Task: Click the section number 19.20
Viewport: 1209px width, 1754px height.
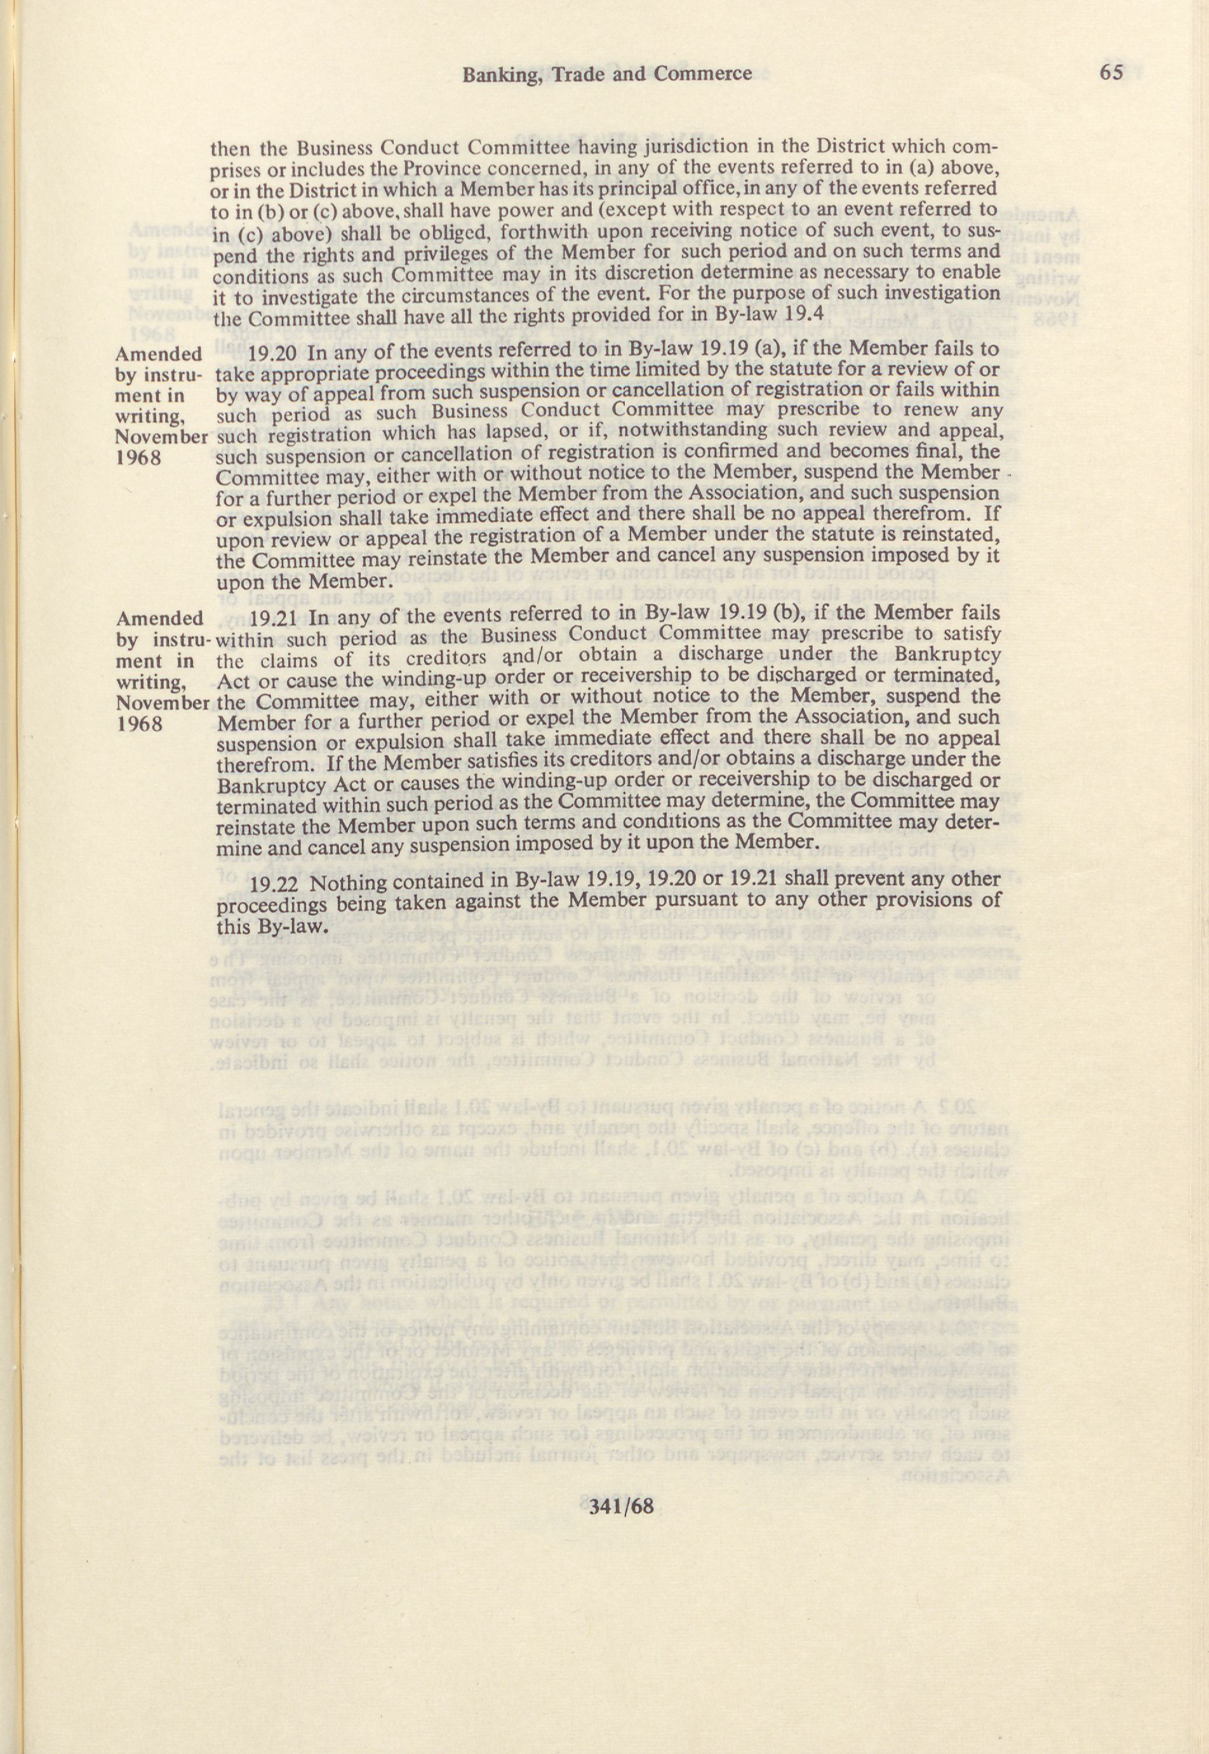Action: [271, 351]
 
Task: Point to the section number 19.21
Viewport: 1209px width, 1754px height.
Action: [271, 613]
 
